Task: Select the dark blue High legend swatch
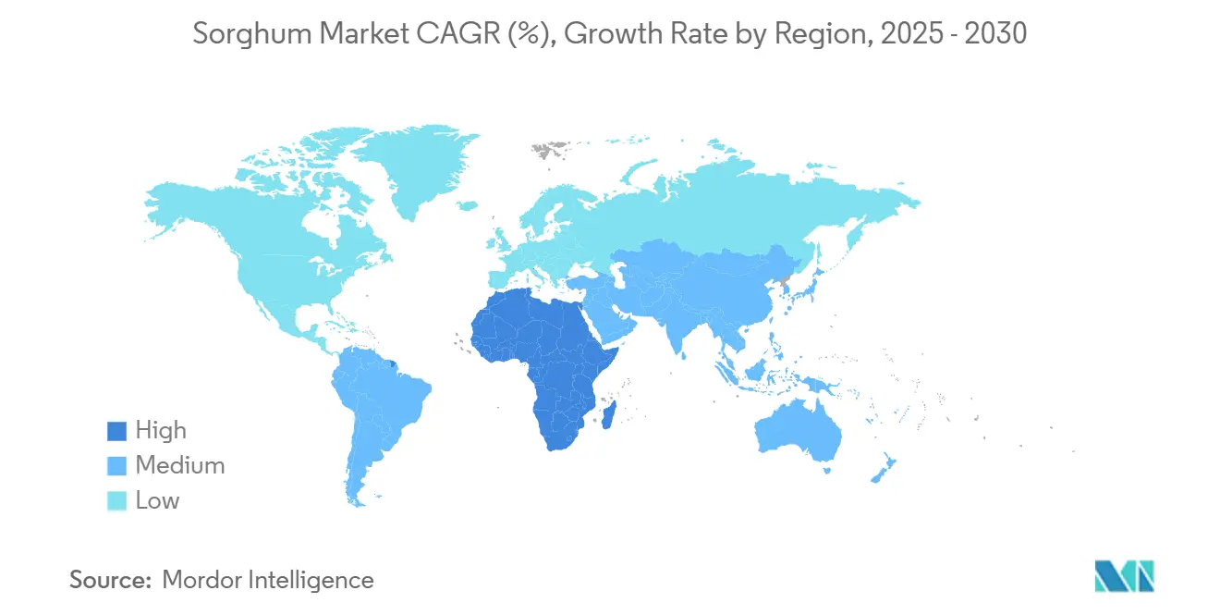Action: pyautogui.click(x=116, y=430)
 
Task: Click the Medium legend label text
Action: pyautogui.click(x=179, y=465)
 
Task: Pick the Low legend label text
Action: pyautogui.click(x=157, y=500)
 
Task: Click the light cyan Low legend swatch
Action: pyautogui.click(x=116, y=500)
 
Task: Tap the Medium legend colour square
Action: pyautogui.click(x=116, y=465)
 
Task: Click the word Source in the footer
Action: pyautogui.click(x=110, y=580)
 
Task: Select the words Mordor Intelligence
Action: pyautogui.click(x=268, y=580)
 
